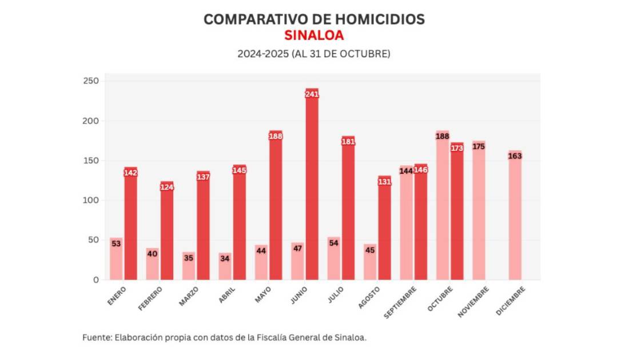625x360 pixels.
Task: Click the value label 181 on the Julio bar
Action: (x=348, y=142)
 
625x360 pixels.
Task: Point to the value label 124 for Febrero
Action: (x=167, y=187)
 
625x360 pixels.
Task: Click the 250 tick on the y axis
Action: (x=91, y=81)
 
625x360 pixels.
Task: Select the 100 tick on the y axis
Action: (x=91, y=201)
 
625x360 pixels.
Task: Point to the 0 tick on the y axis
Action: (x=95, y=280)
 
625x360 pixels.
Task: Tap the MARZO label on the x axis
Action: (x=189, y=297)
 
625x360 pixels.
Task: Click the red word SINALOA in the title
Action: (x=314, y=35)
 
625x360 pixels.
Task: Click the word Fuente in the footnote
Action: (x=97, y=337)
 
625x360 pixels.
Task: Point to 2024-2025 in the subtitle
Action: (x=262, y=54)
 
